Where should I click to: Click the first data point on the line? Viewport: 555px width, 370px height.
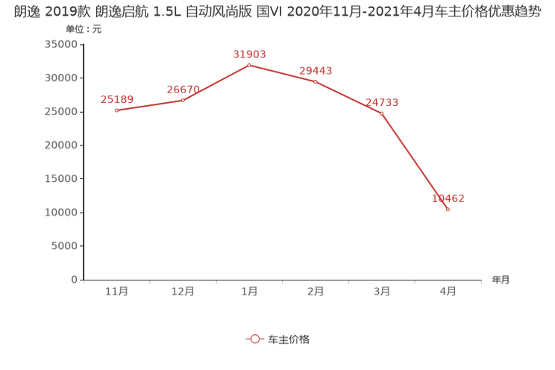[116, 110]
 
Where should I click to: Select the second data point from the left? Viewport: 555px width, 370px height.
[183, 100]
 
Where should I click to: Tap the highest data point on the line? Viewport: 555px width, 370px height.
[249, 65]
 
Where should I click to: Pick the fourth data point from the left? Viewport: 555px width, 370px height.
[316, 81]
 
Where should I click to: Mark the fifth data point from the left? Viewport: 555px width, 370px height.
[382, 113]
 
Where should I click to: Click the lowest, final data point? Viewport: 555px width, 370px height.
[448, 210]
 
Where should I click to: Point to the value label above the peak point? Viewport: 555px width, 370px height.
[249, 54]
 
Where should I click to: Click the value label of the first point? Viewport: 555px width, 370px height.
[116, 100]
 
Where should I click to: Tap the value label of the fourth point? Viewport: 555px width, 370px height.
[316, 71]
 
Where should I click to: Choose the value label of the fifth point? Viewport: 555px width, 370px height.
[382, 103]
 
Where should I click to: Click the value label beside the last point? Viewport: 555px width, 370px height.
[448, 198]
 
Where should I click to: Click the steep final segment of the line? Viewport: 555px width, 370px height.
[415, 162]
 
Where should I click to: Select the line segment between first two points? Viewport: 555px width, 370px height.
[149, 105]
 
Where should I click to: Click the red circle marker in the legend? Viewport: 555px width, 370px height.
[255, 339]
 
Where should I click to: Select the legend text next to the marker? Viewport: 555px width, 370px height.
[289, 339]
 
